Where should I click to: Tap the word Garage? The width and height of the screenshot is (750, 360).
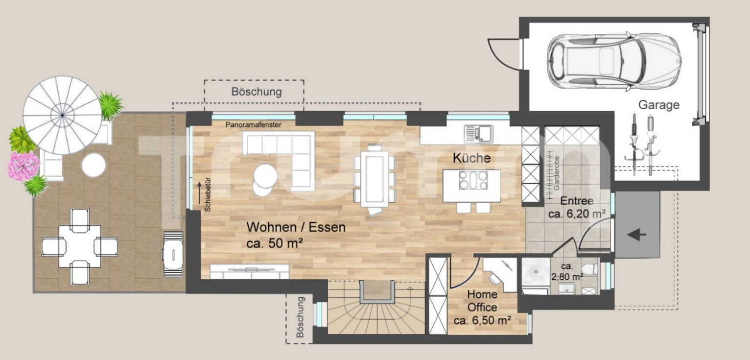(658, 105)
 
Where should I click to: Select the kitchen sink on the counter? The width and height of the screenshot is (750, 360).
(478, 133)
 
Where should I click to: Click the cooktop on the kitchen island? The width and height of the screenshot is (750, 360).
(473, 180)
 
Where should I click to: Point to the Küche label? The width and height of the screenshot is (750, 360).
(471, 158)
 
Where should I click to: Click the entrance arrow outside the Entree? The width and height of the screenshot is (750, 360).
(636, 235)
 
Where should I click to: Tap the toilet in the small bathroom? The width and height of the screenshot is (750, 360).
(590, 269)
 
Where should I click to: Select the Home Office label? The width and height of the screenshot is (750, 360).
(482, 301)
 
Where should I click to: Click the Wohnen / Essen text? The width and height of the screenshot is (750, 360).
(296, 227)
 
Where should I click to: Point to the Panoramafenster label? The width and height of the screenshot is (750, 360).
(253, 125)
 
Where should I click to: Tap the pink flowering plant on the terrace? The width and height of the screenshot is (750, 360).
(23, 166)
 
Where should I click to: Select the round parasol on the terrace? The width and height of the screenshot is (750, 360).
(62, 115)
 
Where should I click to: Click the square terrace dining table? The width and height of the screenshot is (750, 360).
(80, 246)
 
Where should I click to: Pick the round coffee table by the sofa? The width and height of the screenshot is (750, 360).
(265, 176)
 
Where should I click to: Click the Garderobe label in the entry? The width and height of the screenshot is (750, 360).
(557, 173)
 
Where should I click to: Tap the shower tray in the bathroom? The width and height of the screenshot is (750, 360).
(536, 272)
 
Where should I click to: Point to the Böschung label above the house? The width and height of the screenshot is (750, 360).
(257, 92)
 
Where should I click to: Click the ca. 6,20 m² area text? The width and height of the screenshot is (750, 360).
(577, 214)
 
